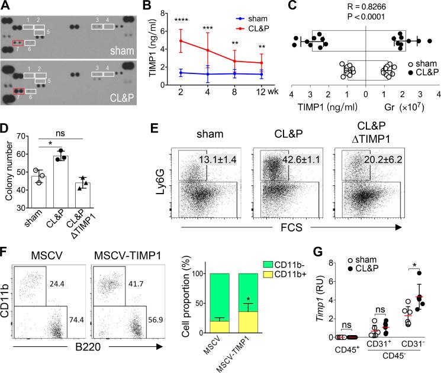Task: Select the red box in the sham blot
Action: click(17, 43)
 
